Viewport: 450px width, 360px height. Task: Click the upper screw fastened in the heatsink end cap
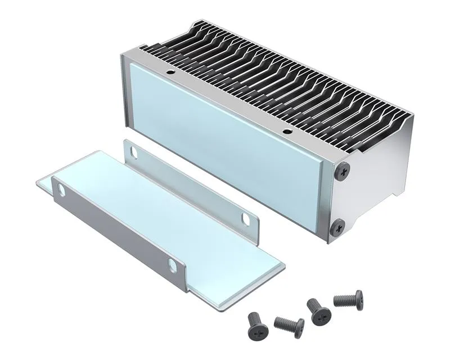(x=341, y=170)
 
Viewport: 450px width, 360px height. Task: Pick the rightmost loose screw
(x=349, y=299)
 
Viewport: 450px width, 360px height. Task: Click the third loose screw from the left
(x=318, y=310)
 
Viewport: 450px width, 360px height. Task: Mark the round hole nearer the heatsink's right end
(x=287, y=132)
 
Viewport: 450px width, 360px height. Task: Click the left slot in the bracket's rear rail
(x=135, y=152)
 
